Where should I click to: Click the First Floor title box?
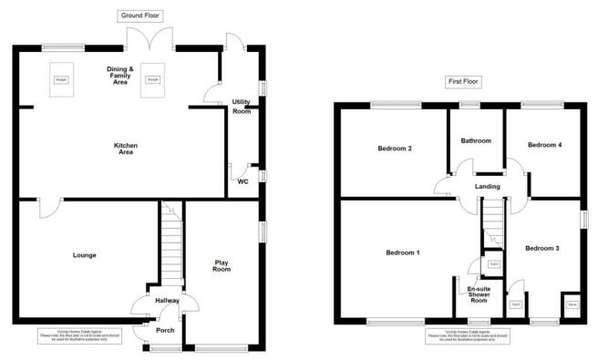pyautogui.click(x=463, y=82)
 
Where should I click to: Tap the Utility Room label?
pyautogui.click(x=242, y=107)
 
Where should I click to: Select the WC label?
pyautogui.click(x=242, y=181)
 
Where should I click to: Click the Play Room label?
pyautogui.click(x=221, y=265)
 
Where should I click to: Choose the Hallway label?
pyautogui.click(x=167, y=300)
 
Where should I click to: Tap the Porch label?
pyautogui.click(x=165, y=330)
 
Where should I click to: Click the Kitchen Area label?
pyautogui.click(x=124, y=148)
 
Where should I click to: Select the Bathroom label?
pyautogui.click(x=476, y=141)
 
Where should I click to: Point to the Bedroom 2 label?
pyautogui.click(x=396, y=149)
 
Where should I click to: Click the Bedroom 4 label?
pyautogui.click(x=544, y=144)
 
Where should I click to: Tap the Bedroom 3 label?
pyautogui.click(x=541, y=248)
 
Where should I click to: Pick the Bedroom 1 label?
pyautogui.click(x=402, y=252)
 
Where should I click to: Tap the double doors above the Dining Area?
pyautogui.click(x=149, y=39)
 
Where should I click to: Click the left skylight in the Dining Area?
pyautogui.click(x=62, y=78)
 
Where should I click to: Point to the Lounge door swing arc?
pyautogui.click(x=48, y=209)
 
